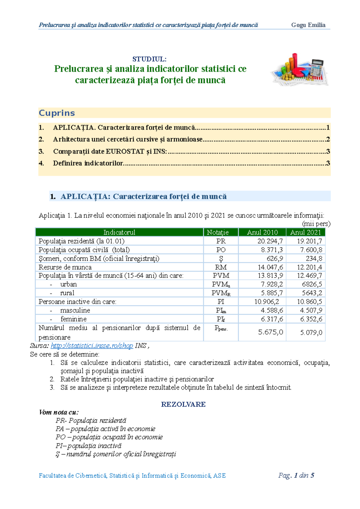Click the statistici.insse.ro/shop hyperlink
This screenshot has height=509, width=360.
point(92,346)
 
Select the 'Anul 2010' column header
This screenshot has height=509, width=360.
point(262,232)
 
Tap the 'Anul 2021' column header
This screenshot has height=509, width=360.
point(305,232)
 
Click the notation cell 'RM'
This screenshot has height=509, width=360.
point(221,267)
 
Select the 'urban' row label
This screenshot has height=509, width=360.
point(68,284)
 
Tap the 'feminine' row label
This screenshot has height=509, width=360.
point(73,319)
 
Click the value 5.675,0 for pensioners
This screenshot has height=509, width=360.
point(271,332)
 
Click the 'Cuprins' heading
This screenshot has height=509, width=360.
point(57,113)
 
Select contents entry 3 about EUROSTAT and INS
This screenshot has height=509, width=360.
point(110,151)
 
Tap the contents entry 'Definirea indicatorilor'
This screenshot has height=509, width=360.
point(88,163)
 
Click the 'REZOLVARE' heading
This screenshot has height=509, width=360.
point(183,404)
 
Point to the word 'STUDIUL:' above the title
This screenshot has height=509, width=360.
point(149,59)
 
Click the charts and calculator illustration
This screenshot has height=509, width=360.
point(299,70)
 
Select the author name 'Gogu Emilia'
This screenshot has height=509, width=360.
point(308,25)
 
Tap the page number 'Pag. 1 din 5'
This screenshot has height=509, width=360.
point(296,475)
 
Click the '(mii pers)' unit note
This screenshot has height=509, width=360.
point(316,224)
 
